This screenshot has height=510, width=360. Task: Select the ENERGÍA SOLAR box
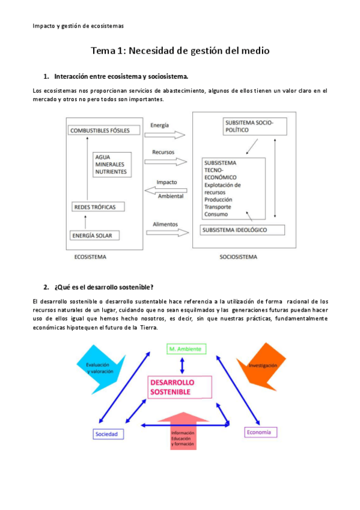tap(96, 235)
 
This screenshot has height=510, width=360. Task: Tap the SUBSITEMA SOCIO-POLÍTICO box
tap(254, 126)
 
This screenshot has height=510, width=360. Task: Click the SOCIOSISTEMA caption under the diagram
tap(238, 257)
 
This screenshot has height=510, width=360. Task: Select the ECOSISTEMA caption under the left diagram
tap(91, 257)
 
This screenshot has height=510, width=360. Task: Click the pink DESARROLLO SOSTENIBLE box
tap(179, 387)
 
